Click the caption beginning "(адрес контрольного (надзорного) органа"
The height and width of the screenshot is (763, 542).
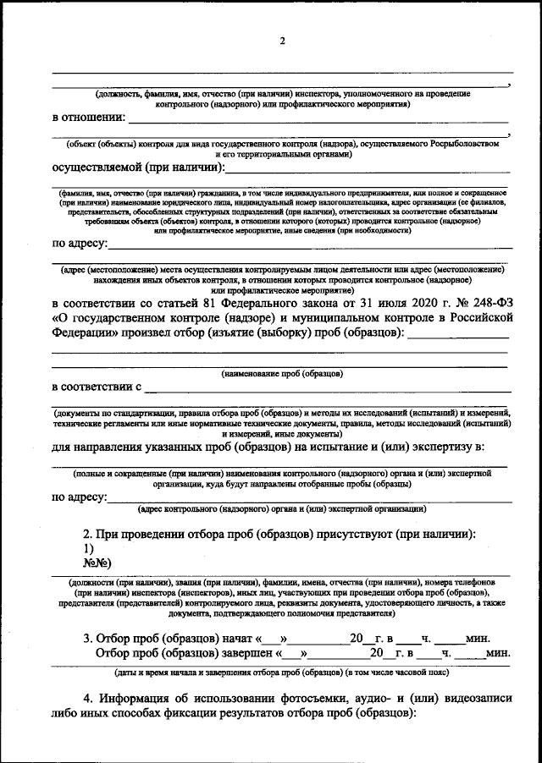pos(281,509)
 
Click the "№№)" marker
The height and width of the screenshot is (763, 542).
pos(96,563)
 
